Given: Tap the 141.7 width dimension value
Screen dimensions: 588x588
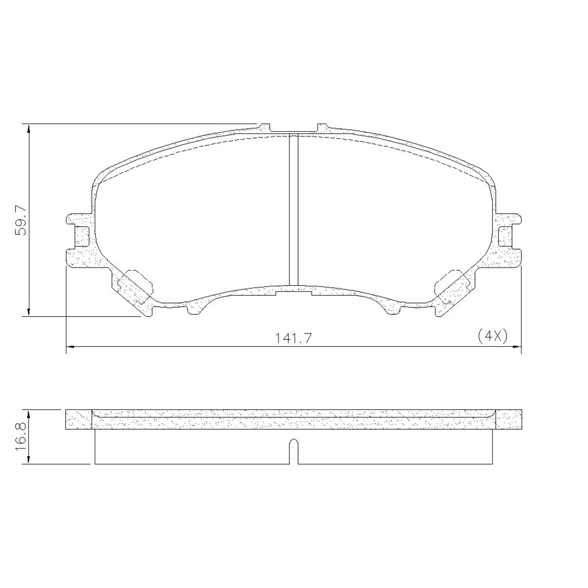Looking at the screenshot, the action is pos(294,339).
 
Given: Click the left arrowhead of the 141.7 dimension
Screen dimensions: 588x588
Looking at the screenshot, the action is pos(71,346).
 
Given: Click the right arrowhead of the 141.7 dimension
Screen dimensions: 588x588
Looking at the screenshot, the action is pos(517,346).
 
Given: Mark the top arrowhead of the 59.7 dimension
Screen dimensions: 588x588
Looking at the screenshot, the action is pos(29,128).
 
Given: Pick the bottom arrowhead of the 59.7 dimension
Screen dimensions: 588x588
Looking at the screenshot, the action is pos(29,312).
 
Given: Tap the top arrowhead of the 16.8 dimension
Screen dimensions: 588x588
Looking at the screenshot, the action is pos(29,414).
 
